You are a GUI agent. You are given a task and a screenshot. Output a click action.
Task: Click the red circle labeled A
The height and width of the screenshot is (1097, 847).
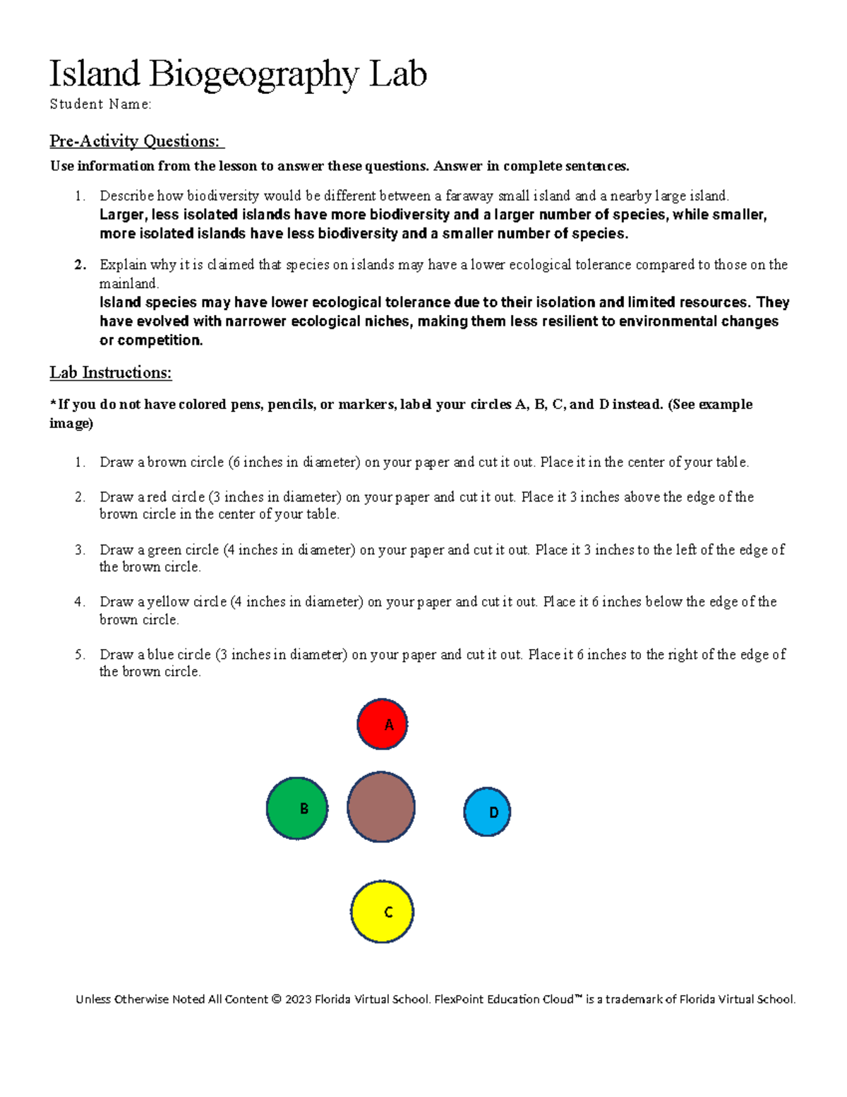383,724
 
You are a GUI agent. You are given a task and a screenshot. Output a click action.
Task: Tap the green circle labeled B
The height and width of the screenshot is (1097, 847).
297,808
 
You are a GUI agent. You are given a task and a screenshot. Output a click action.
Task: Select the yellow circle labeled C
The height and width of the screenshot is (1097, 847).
382,911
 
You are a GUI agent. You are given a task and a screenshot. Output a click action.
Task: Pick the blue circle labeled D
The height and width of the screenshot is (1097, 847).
487,812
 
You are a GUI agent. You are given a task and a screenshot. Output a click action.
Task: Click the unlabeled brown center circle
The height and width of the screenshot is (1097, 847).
381,807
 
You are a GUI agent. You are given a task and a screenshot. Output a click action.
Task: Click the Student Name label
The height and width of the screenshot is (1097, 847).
100,105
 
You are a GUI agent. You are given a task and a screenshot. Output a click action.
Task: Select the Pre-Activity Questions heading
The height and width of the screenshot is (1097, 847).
136,141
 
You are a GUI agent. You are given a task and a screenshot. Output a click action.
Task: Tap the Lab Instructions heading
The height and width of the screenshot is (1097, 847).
111,372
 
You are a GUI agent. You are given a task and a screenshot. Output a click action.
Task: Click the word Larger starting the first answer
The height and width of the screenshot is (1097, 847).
122,215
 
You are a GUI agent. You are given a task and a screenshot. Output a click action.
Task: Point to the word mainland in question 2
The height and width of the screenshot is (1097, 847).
128,283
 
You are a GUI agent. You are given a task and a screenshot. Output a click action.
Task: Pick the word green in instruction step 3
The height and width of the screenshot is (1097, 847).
164,550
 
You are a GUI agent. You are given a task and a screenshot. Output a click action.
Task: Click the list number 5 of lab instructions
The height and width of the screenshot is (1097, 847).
80,655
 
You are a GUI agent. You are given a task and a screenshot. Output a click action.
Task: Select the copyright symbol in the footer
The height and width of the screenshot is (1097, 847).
276,1000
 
